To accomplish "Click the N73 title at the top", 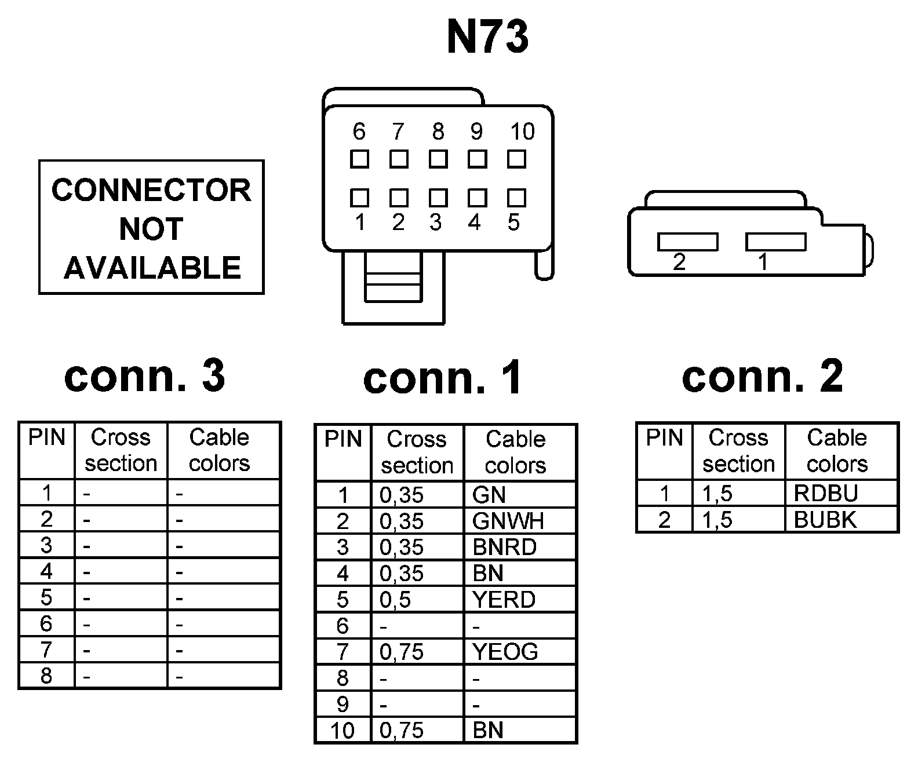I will click(487, 37).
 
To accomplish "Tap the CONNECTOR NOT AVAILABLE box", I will click(151, 228).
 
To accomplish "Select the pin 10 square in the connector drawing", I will click(516, 159).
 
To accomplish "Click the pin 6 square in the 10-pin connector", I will click(359, 159).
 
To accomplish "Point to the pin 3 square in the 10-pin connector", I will click(438, 198).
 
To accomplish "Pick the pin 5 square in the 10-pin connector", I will click(516, 198).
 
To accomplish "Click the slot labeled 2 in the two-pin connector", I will click(687, 242).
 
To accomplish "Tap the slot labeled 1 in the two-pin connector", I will click(775, 242).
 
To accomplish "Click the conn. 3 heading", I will click(144, 376).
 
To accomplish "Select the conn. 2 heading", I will click(762, 376).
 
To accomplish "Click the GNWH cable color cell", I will click(520, 521).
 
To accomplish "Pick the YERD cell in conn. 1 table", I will click(520, 600).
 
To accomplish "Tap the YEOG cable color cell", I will click(520, 652).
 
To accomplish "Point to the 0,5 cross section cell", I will click(417, 600).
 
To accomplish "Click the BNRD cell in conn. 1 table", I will click(520, 547).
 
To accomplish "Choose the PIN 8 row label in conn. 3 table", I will click(46, 676).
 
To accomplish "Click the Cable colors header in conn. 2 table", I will click(837, 451).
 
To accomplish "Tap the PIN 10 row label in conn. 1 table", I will click(343, 731).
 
